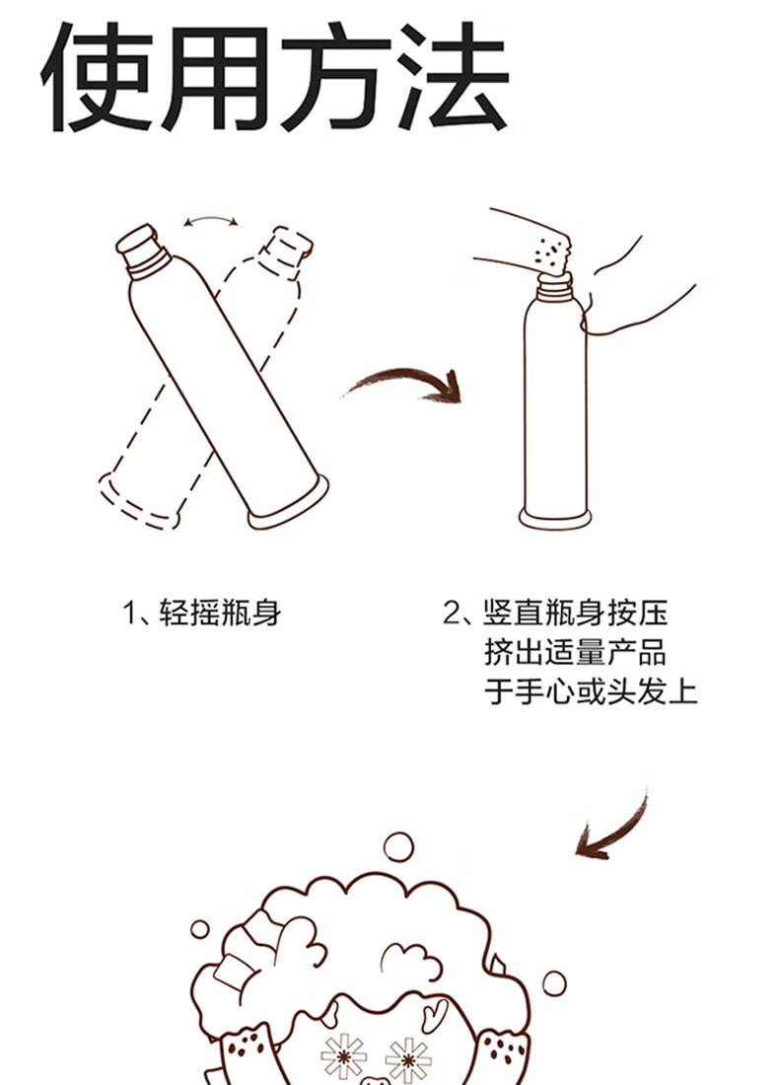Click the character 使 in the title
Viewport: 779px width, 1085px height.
98,78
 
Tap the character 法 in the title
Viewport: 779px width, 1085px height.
455,78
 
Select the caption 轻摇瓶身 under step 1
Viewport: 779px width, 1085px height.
221,613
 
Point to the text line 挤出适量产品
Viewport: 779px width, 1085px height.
575,652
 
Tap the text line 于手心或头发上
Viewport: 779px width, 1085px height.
591,691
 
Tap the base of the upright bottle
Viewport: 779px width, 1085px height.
555,518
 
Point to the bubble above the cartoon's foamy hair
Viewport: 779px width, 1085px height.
398,846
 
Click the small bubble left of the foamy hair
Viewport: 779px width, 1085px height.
200,929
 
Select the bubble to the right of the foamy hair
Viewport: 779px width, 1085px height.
554,983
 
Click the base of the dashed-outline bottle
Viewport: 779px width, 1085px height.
138,501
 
